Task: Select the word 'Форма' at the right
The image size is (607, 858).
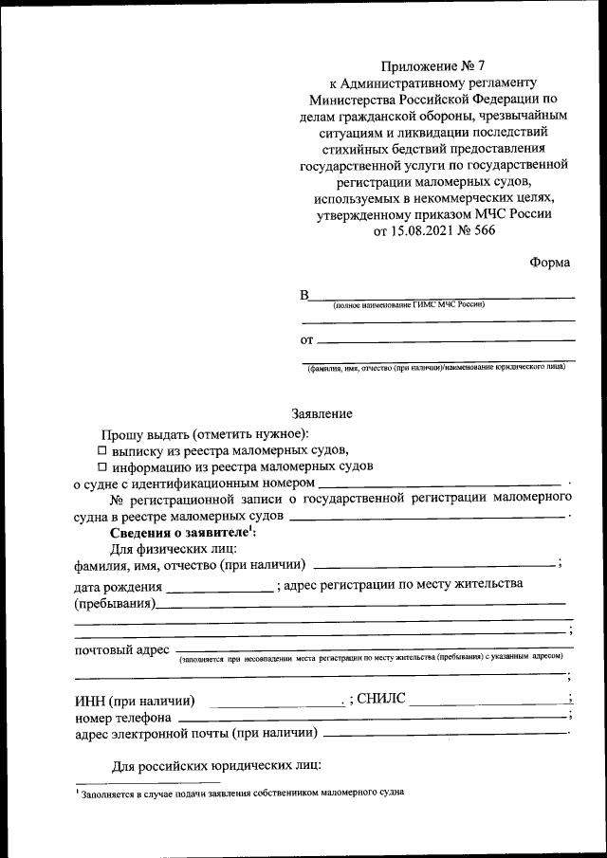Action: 550,263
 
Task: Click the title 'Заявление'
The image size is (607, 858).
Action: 322,413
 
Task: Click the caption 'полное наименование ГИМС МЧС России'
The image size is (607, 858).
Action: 408,305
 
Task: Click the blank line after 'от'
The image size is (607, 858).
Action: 446,339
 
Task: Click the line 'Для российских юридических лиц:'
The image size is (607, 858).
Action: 217,765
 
